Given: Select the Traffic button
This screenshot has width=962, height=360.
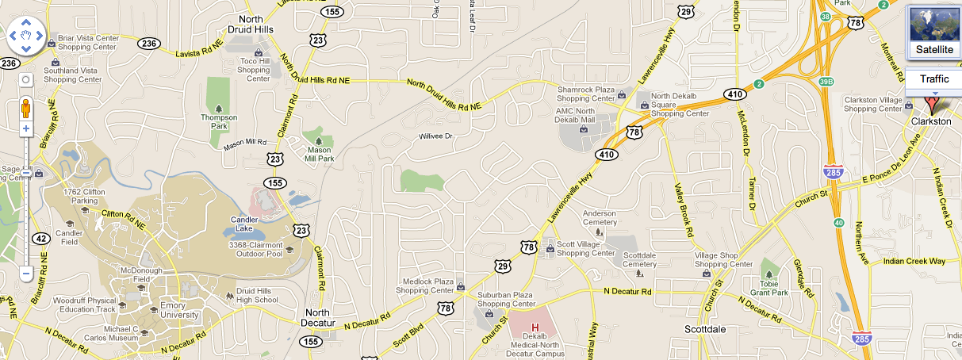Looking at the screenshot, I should tap(934, 79).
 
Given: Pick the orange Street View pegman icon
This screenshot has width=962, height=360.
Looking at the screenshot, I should tap(25, 108).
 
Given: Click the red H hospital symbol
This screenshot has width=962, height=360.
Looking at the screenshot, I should tap(535, 327).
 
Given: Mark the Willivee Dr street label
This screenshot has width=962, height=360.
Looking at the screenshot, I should tap(435, 136).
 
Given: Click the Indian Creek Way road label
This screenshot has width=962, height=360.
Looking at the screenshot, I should tap(914, 261).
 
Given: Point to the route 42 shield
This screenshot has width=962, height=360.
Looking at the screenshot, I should tap(41, 238).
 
